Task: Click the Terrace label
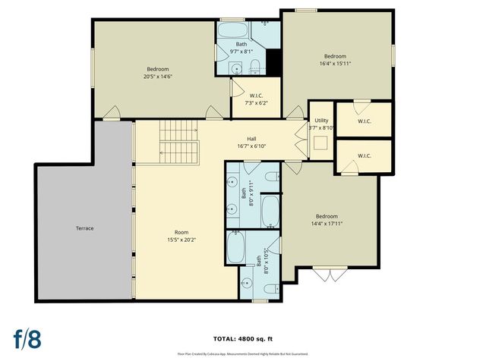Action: point(84,228)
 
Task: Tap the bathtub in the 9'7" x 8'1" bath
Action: point(235,31)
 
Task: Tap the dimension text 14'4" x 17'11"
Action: point(327,223)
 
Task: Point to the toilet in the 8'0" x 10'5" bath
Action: point(271,289)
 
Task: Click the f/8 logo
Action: point(27,337)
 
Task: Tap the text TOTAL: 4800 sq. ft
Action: point(243,338)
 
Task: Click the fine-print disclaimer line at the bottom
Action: point(243,353)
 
